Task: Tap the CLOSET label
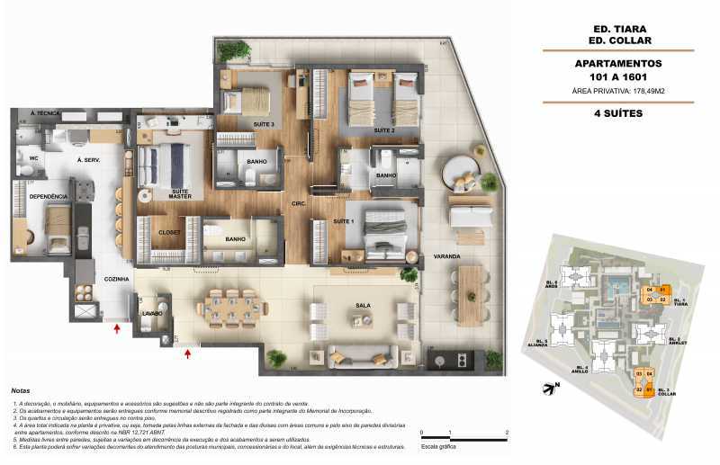[170, 232]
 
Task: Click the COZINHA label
[117, 280]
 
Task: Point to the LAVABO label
[150, 314]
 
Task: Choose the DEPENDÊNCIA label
[49, 196]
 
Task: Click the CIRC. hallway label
[299, 204]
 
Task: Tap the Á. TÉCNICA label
[44, 114]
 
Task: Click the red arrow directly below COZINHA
[116, 330]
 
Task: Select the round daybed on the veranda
[463, 172]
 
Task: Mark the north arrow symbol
[551, 389]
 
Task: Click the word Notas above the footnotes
[20, 391]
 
